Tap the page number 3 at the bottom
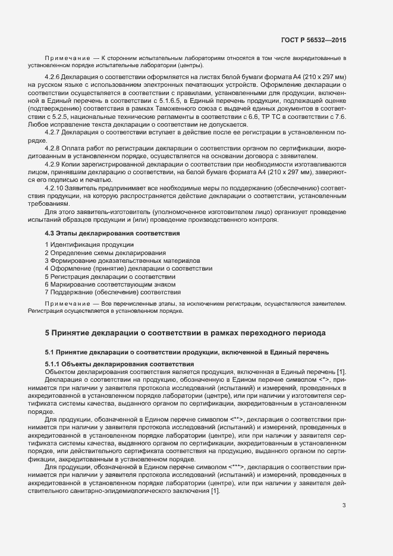[344, 473]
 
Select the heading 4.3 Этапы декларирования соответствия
[113, 234]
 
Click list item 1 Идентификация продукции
[89, 245]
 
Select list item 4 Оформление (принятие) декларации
[128, 269]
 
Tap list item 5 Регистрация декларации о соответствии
[110, 277]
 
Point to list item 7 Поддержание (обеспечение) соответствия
[112, 292]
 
